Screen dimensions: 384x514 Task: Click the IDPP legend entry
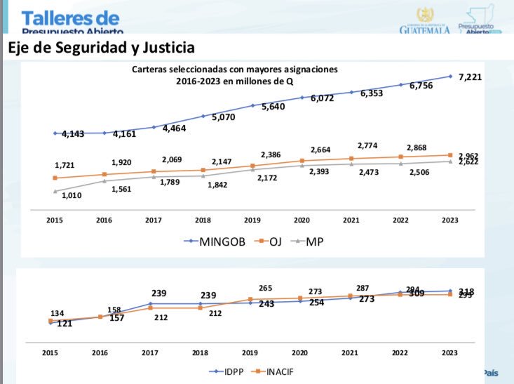pos(228,371)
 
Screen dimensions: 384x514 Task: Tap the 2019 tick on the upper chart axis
pos(252,220)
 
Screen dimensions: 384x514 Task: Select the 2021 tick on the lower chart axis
pos(351,353)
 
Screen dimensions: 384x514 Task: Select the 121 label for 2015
pos(64,324)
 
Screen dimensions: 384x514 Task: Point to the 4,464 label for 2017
pos(173,128)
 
